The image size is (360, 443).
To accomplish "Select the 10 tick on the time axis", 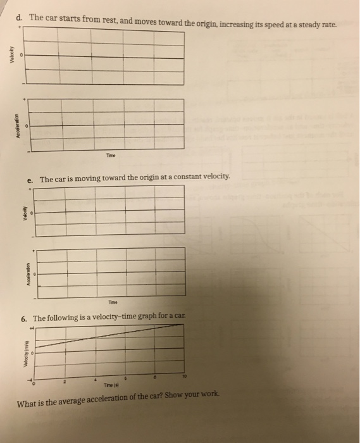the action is click(185, 375).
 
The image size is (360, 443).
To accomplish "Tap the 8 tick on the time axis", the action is click(155, 377).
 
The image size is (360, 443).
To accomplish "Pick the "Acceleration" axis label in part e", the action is click(27, 273).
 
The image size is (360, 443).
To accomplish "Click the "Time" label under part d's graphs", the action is click(111, 155).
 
